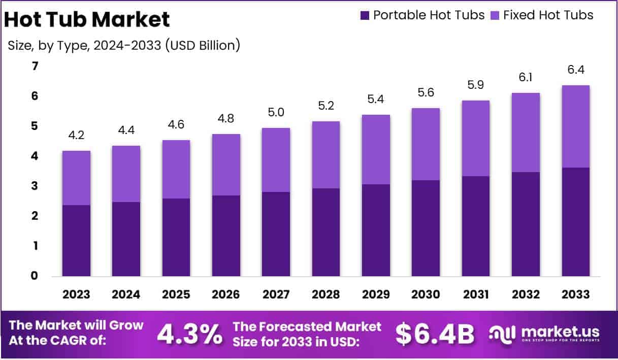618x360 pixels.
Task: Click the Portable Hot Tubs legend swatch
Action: tap(365, 16)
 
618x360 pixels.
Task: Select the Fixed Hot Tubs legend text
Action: tap(548, 15)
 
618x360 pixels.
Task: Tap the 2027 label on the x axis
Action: tap(276, 294)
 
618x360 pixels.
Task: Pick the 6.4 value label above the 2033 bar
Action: tap(575, 70)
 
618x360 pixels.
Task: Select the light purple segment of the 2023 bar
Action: tap(76, 178)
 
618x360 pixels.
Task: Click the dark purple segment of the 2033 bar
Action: tap(575, 222)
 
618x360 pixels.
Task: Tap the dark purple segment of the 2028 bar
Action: tap(326, 232)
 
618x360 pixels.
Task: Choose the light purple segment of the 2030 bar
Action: tap(426, 144)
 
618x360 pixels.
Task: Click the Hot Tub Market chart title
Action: tap(87, 20)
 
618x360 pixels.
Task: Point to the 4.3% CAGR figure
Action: tap(189, 334)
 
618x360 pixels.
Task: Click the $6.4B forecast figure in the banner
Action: tap(435, 334)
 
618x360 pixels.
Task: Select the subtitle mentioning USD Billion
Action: tap(124, 45)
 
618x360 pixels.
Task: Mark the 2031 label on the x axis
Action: tap(475, 294)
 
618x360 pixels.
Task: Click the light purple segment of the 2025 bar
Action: tap(176, 169)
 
